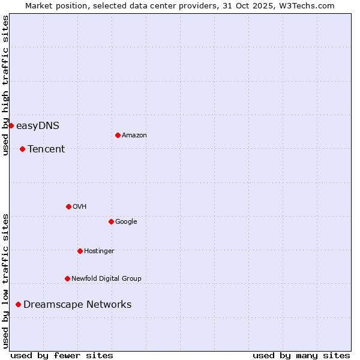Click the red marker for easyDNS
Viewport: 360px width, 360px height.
point(11,125)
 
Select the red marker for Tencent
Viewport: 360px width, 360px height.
point(22,149)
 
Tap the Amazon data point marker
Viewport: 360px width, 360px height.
point(118,135)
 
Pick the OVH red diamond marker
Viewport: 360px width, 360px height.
point(68,206)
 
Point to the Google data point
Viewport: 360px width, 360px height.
point(111,221)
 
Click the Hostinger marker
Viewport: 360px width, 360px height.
point(80,251)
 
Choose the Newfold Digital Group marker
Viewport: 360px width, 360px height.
point(67,278)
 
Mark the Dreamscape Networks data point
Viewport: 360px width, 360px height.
point(18,305)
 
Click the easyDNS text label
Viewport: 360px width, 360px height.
point(38,125)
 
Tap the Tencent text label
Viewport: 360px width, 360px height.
point(46,149)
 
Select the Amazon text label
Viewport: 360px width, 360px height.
point(134,135)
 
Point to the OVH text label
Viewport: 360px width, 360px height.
point(80,206)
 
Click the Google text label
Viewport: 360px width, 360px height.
point(126,221)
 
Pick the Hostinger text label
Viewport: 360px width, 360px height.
point(99,251)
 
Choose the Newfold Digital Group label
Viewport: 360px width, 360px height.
point(106,278)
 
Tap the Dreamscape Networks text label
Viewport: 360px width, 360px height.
point(77,305)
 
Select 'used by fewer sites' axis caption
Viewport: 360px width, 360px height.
point(62,355)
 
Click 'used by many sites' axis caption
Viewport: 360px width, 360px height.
point(301,355)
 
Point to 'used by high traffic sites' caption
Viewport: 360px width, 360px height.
point(5,85)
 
